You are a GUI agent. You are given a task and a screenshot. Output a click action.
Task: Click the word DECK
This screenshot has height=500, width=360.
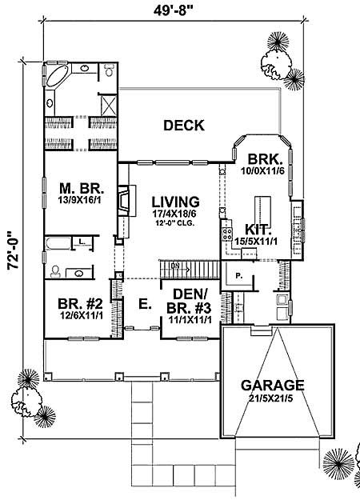tap(184, 125)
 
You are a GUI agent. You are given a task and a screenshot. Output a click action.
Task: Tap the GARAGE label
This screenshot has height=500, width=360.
tap(274, 384)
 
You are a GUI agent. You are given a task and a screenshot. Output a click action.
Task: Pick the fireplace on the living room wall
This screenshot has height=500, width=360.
tap(122, 200)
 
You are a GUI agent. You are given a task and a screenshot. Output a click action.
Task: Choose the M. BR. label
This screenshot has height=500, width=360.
tap(78, 190)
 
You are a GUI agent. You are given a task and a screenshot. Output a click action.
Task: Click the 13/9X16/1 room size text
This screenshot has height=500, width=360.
tap(78, 202)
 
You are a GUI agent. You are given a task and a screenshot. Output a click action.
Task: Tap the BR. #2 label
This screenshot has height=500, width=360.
tap(78, 303)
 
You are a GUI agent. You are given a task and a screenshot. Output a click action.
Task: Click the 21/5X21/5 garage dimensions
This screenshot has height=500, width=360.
tap(274, 398)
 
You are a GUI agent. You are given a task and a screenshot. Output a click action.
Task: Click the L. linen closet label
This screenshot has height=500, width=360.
tap(82, 241)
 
